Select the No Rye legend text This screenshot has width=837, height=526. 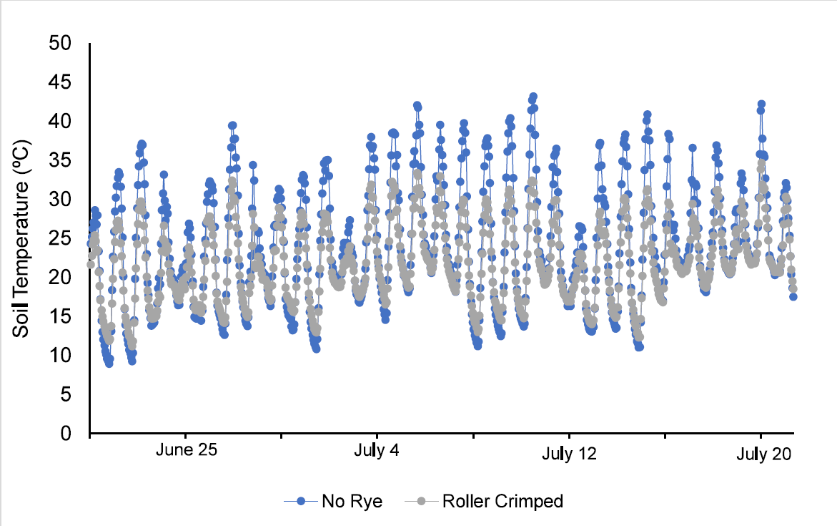point(352,502)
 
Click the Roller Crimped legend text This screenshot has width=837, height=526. point(502,502)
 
